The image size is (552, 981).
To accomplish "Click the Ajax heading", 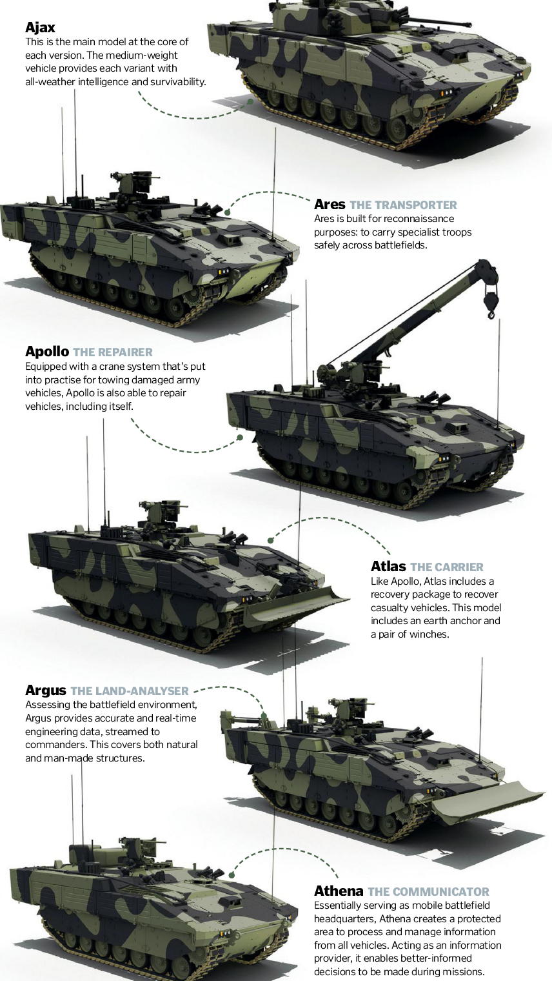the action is click(x=40, y=28).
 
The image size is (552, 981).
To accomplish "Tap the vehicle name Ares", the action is click(x=330, y=205).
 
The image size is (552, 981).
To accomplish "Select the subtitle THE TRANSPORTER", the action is click(x=403, y=205).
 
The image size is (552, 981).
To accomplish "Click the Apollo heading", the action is click(x=47, y=351).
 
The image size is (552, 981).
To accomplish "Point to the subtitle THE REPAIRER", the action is click(x=113, y=352).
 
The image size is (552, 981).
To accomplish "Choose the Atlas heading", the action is click(x=388, y=566).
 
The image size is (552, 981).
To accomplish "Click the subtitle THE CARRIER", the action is click(x=447, y=567).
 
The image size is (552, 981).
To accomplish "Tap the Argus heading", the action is click(x=46, y=691).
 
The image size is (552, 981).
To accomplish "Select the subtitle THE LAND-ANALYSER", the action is click(x=130, y=691).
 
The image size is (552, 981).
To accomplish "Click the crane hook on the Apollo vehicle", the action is click(x=490, y=301).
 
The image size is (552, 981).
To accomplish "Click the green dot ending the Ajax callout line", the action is click(x=250, y=101).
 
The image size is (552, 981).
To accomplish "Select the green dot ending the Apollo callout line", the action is click(x=240, y=437).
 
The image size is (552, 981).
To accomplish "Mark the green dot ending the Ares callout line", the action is click(x=227, y=212).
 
